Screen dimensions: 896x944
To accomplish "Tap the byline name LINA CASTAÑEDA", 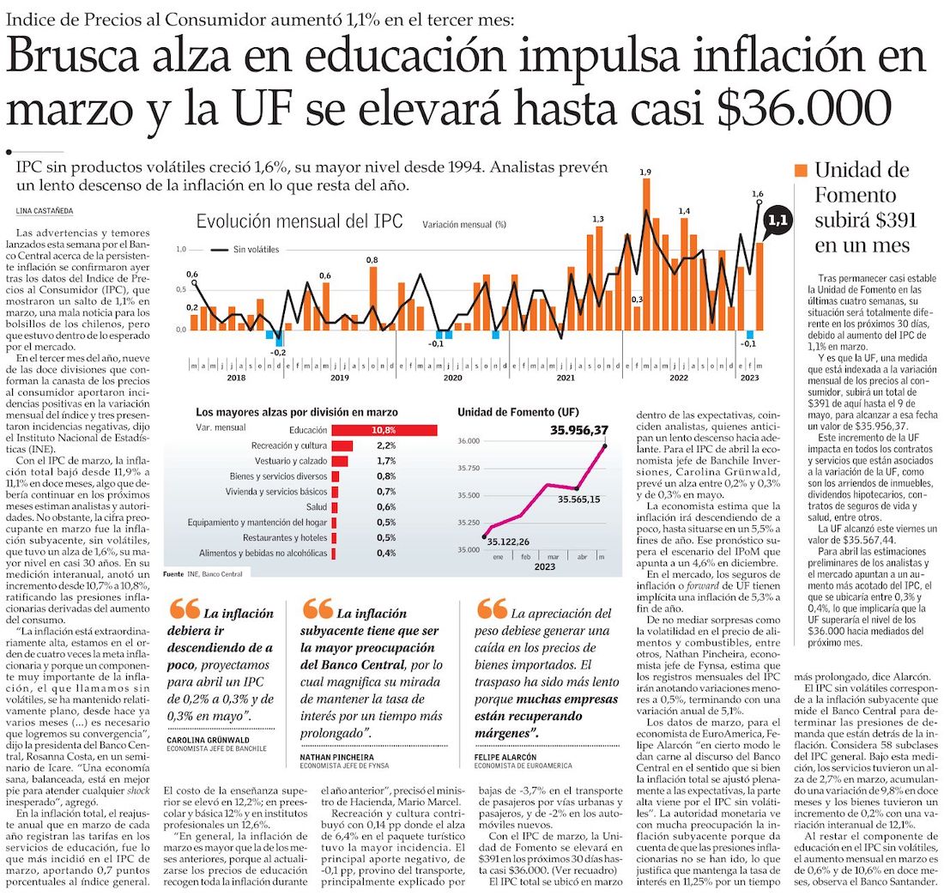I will (46, 210).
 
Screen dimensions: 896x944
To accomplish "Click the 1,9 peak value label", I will (645, 173).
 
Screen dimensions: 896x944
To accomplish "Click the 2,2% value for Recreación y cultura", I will (385, 445).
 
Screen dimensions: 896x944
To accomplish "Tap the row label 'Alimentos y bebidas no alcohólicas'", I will (261, 554).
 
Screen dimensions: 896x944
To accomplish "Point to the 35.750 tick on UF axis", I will (468, 469).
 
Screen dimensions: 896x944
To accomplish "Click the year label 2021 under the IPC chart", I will (566, 378).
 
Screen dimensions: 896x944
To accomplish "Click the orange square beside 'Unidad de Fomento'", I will (802, 170).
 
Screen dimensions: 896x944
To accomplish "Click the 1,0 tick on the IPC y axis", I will (181, 249).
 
